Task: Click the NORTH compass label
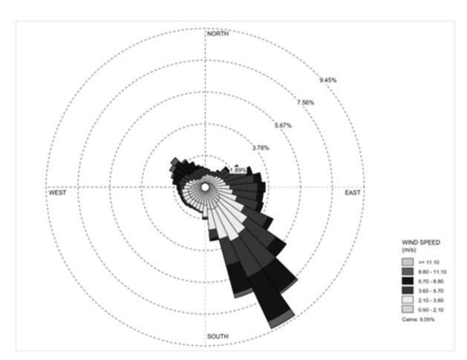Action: click(x=218, y=33)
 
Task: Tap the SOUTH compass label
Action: click(x=218, y=336)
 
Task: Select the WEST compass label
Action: click(x=57, y=193)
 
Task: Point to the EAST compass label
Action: click(x=353, y=193)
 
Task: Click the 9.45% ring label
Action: click(x=328, y=80)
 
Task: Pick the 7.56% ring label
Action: click(x=305, y=102)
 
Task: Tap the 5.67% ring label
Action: click(x=283, y=125)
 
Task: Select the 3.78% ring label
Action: click(x=261, y=148)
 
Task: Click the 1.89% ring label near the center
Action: click(x=238, y=170)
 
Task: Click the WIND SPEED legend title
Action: click(x=421, y=243)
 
